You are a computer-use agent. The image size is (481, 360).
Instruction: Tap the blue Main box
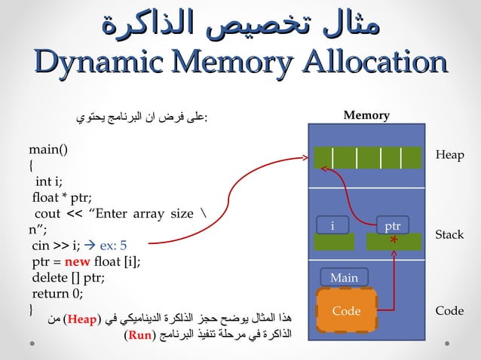[344, 278]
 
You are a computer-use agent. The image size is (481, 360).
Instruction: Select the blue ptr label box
[392, 226]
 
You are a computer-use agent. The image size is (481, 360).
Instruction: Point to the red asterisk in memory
[394, 242]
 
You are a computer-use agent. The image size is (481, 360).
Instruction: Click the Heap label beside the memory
[449, 154]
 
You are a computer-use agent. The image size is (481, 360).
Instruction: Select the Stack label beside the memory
[449, 235]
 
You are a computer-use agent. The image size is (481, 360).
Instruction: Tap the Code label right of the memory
[449, 311]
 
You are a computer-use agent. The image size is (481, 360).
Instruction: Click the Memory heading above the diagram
[366, 115]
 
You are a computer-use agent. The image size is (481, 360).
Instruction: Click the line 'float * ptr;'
[62, 197]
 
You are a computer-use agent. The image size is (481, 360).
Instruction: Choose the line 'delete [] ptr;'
[68, 277]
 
